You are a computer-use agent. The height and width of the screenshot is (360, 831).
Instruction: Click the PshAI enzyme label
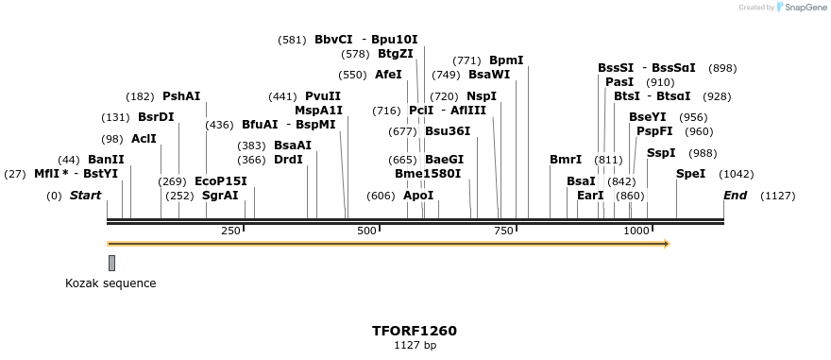pos(181,96)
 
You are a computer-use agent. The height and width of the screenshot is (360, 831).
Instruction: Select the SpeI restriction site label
pos(690,174)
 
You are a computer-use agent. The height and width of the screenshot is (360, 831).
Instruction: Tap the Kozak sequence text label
pos(110,283)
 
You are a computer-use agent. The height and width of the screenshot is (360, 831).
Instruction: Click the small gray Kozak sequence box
pos(111,263)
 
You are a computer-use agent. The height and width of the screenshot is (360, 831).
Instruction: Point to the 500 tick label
pos(366,231)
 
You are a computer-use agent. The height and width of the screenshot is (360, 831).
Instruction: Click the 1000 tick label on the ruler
pos(636,231)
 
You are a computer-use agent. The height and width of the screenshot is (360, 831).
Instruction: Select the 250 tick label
pos(230,231)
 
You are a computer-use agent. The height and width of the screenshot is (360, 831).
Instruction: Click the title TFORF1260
pos(415,331)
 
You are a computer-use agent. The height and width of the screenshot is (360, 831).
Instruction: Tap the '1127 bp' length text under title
pos(415,346)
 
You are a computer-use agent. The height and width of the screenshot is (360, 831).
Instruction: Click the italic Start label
pos(85,196)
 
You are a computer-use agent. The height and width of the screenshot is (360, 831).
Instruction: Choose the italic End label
pos(735,196)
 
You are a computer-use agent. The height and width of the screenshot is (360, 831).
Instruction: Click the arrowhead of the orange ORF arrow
pos(667,244)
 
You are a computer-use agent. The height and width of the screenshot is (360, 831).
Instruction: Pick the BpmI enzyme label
pos(506,60)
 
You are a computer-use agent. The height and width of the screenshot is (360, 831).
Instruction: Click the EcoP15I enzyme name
pos(220,181)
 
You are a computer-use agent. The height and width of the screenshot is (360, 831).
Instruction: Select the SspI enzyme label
pos(661,153)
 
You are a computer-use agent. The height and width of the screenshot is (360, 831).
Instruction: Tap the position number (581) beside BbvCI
pos(292,40)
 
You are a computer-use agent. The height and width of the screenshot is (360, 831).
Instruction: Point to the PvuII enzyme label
pos(323,96)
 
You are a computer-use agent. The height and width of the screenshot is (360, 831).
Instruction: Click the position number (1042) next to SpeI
pos(736,174)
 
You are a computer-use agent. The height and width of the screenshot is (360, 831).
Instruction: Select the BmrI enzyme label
pos(566,160)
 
